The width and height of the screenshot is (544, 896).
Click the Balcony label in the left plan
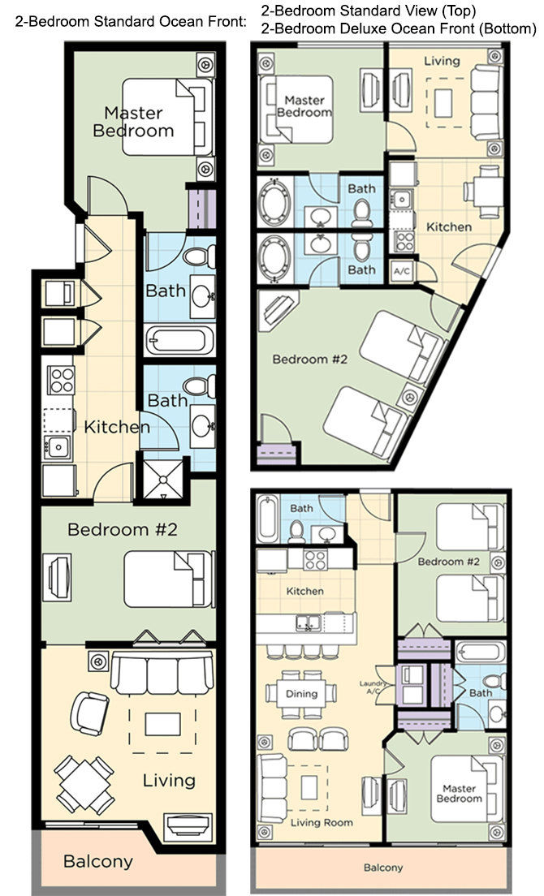pyautogui.click(x=97, y=861)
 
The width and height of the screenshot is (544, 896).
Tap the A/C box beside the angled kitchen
pyautogui.click(x=402, y=271)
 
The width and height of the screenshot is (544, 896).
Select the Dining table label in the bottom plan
pyautogui.click(x=301, y=694)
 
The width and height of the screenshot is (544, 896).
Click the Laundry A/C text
pyautogui.click(x=373, y=687)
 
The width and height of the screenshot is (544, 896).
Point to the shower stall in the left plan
pyautogui.click(x=163, y=478)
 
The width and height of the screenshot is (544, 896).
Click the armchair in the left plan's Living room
pyautogui.click(x=89, y=713)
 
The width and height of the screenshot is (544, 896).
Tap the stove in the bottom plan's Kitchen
pyautogui.click(x=315, y=559)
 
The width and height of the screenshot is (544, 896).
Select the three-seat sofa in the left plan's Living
pyautogui.click(x=162, y=674)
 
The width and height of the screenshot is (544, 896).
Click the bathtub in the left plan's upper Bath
pyautogui.click(x=179, y=341)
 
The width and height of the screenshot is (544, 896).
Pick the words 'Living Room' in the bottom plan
pyautogui.click(x=322, y=823)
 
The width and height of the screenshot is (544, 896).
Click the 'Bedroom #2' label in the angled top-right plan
pyautogui.click(x=309, y=360)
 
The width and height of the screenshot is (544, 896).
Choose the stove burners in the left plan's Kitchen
pyautogui.click(x=61, y=380)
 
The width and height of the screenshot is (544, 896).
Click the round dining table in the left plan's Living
pyautogui.click(x=84, y=785)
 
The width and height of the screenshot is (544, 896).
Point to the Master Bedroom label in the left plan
pyautogui.click(x=133, y=122)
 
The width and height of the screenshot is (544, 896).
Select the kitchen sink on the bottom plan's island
pyautogui.click(x=309, y=622)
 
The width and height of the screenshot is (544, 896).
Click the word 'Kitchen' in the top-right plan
pyautogui.click(x=448, y=227)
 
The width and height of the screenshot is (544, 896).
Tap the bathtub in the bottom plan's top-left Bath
pyautogui.click(x=267, y=519)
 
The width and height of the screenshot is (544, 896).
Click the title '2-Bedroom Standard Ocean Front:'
pyautogui.click(x=131, y=23)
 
